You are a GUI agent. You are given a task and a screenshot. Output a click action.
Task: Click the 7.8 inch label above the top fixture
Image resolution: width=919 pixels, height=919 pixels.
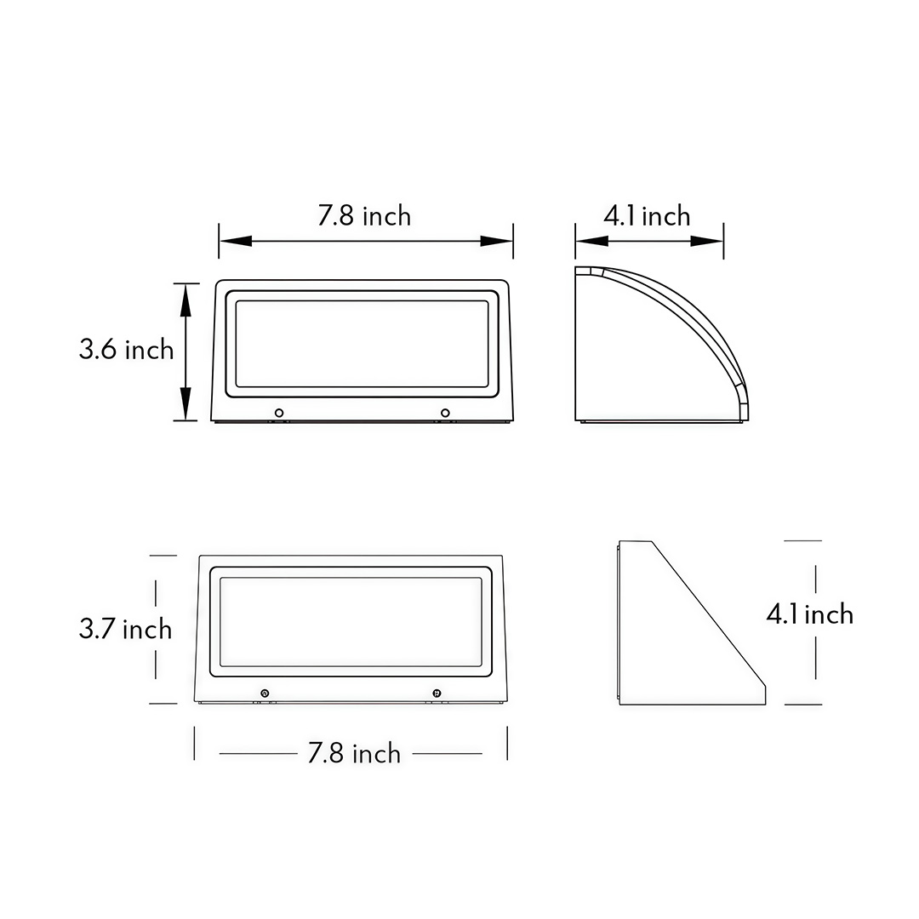[364, 216]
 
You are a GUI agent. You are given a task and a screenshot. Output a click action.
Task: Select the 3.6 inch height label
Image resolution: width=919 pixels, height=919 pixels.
[126, 349]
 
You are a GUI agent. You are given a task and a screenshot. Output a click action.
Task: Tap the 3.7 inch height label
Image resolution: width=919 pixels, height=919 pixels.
[125, 629]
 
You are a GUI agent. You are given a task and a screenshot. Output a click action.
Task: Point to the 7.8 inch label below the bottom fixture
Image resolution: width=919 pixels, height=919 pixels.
[354, 753]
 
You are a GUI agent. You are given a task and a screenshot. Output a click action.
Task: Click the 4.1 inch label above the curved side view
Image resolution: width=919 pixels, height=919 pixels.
[647, 216]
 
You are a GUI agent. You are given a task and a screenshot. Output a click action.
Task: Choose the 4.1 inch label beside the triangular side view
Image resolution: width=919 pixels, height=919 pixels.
[809, 614]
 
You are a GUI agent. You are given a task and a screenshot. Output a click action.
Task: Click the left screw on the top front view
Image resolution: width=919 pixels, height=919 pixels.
[278, 413]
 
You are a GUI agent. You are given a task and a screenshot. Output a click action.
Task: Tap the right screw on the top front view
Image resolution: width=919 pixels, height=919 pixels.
[444, 413]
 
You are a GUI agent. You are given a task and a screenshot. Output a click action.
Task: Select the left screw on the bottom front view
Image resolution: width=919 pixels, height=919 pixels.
[265, 694]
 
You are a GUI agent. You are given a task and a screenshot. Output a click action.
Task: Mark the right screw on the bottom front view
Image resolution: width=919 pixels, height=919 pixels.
[437, 694]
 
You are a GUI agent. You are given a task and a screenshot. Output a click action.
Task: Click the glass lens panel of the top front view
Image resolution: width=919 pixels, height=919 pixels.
[362, 343]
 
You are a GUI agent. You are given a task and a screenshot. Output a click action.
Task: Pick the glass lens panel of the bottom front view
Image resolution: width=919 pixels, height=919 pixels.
[351, 622]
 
